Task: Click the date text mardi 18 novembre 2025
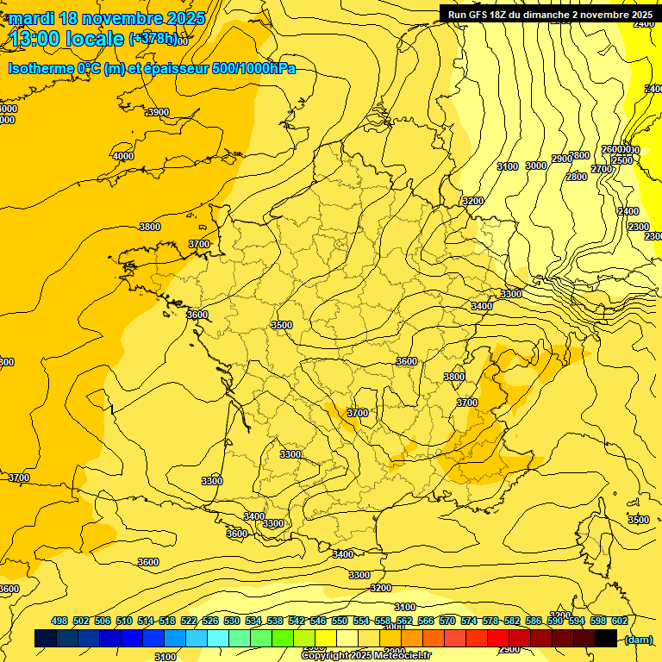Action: coord(107,18)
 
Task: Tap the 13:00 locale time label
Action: coord(67,39)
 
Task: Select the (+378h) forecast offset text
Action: coord(153,39)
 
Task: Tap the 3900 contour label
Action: coord(158,113)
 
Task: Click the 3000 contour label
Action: coord(536,165)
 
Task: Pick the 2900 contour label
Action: coord(562,159)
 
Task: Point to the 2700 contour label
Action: coord(602,169)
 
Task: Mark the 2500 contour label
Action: coord(621,160)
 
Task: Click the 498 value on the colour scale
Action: coord(59,621)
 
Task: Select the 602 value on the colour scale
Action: coord(620,621)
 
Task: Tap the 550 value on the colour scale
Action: coord(340,621)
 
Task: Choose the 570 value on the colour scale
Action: coord(447,621)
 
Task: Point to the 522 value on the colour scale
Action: coord(189,621)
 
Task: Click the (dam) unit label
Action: coord(639,640)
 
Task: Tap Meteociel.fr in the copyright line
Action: coord(403,656)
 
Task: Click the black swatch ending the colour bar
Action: coord(606,639)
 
